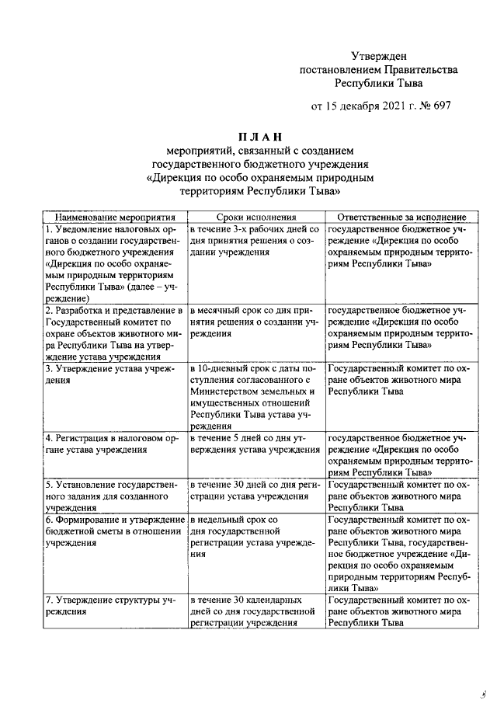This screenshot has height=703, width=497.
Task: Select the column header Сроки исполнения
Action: (x=255, y=218)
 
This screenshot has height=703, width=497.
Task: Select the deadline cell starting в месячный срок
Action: (x=255, y=322)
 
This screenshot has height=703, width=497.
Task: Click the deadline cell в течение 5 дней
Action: (x=255, y=443)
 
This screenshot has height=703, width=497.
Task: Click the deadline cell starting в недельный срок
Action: (x=255, y=537)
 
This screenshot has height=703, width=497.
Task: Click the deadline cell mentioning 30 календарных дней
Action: (x=255, y=611)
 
